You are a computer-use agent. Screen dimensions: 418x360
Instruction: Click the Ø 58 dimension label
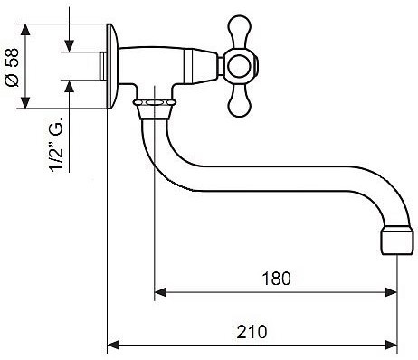click(12, 67)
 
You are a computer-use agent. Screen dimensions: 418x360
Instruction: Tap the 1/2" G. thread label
click(57, 145)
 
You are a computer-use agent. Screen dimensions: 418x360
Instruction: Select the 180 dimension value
click(276, 279)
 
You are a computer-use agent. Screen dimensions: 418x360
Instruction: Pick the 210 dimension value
click(252, 332)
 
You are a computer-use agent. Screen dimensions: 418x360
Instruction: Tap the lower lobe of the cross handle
click(240, 101)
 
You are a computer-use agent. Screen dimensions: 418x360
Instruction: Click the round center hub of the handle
click(240, 66)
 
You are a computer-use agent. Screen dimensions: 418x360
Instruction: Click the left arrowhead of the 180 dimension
click(160, 292)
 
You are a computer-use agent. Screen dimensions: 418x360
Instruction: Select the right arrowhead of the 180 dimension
click(391, 292)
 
